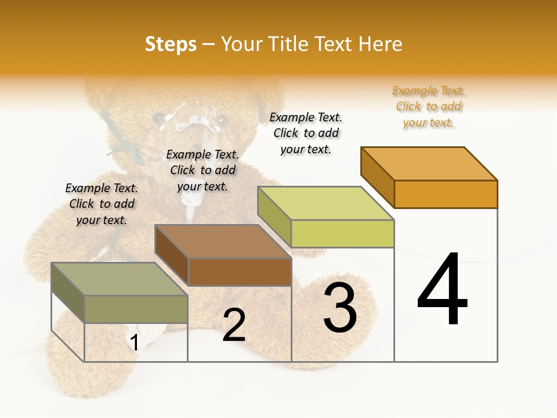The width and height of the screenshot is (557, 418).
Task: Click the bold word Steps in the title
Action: (x=171, y=44)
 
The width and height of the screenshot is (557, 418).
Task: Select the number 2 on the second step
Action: (x=234, y=325)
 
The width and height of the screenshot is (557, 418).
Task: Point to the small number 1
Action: (x=134, y=343)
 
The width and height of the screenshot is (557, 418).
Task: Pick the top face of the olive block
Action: (x=120, y=279)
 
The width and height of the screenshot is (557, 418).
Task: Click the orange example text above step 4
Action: (x=429, y=107)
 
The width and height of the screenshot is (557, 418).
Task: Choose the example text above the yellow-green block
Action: (x=306, y=134)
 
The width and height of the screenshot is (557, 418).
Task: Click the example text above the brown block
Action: (x=202, y=170)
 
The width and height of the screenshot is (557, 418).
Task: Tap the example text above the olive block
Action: (x=102, y=204)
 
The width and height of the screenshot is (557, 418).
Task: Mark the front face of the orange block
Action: (x=446, y=194)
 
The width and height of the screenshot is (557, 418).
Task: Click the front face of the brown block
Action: (x=240, y=272)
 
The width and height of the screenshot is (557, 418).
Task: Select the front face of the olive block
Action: (x=136, y=309)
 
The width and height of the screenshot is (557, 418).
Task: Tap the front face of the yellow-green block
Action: (x=342, y=233)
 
